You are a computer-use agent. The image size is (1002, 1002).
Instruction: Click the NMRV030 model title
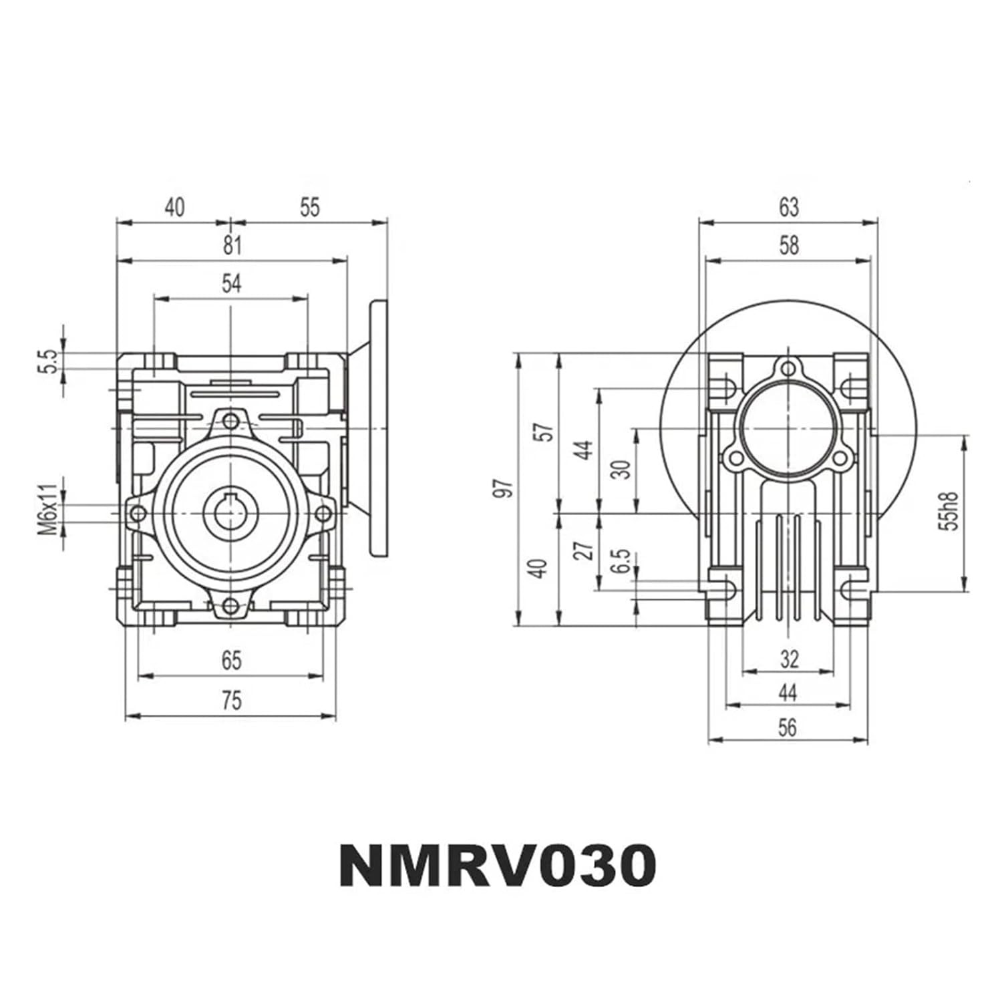498,865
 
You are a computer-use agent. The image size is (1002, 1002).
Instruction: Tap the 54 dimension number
231,284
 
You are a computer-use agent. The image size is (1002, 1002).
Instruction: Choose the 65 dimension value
231,661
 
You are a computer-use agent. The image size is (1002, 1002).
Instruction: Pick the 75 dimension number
231,701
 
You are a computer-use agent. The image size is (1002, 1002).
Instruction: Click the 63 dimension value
789,208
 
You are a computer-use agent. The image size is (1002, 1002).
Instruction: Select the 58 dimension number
789,246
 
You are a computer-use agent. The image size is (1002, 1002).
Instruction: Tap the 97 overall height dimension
505,488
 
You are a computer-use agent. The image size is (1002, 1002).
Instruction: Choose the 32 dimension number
789,660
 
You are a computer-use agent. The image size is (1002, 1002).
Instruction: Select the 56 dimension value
788,727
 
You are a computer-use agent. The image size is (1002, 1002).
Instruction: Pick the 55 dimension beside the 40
309,208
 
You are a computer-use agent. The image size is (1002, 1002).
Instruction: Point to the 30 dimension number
622,469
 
